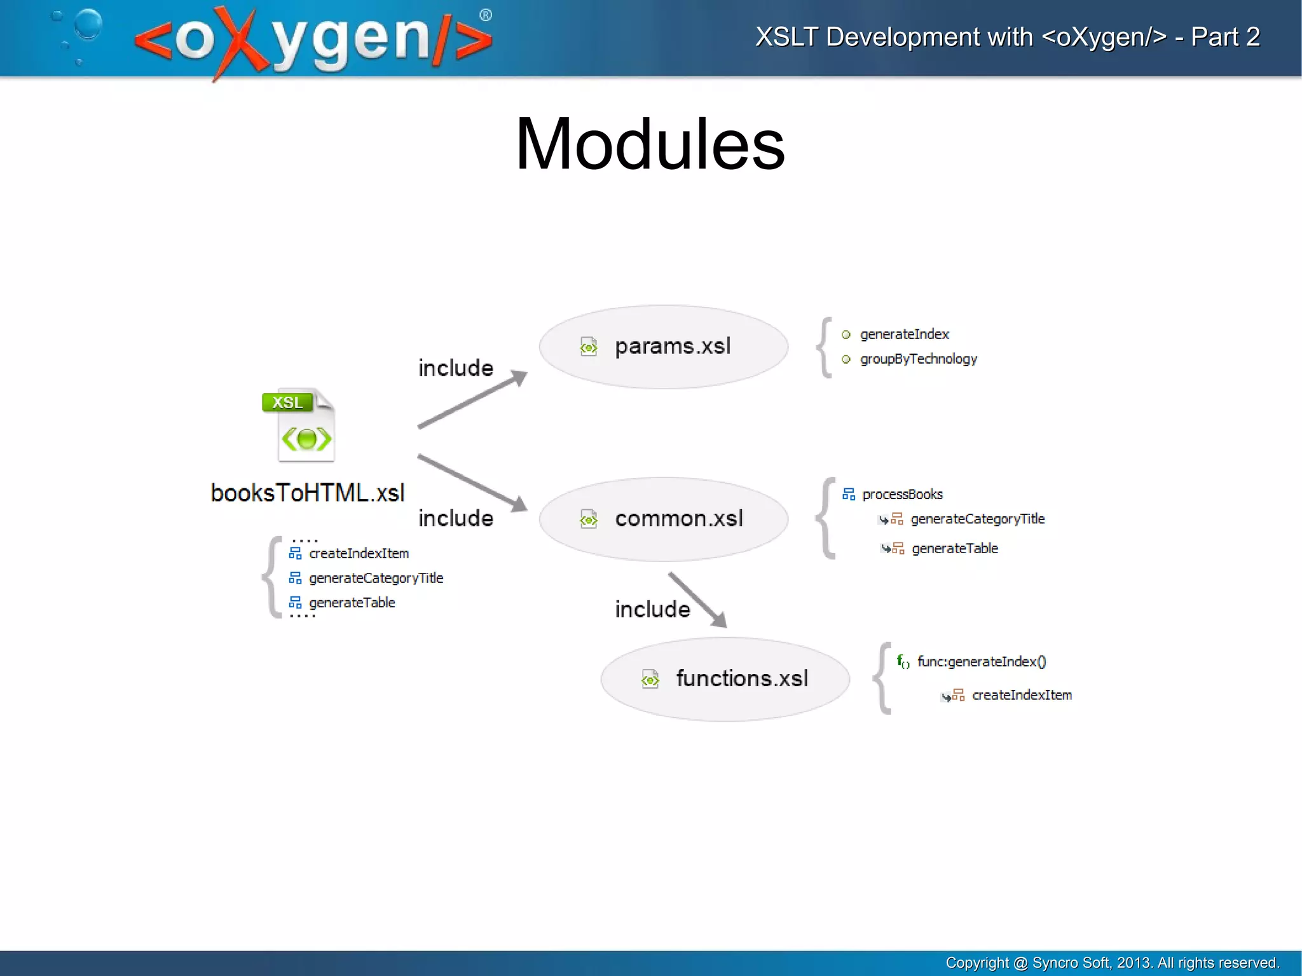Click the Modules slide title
point(650,145)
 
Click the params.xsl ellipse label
point(673,347)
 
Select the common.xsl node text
point(678,519)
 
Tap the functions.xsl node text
point(741,678)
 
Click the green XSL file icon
point(299,425)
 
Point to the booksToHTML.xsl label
point(307,493)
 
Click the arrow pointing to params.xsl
point(473,399)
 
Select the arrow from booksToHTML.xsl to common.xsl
point(473,482)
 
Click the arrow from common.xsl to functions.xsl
point(697,600)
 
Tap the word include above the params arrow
point(455,368)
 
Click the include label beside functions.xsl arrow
point(652,610)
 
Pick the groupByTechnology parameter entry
point(918,359)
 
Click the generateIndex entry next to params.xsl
point(904,334)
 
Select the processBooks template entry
point(901,495)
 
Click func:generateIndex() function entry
point(981,662)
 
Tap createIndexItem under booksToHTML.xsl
point(359,554)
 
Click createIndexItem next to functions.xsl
point(1021,696)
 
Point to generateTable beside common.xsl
point(954,549)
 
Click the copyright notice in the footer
point(1112,963)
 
